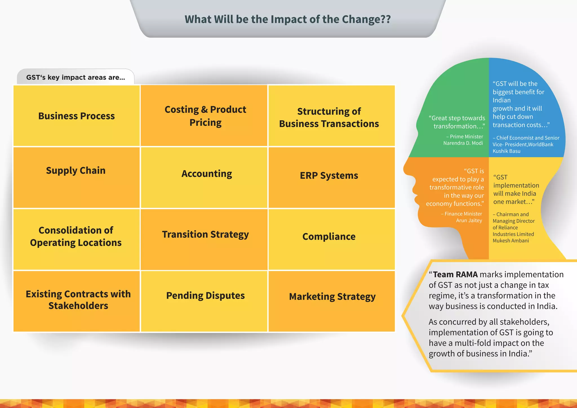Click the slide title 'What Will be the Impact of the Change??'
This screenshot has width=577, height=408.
pos(288,19)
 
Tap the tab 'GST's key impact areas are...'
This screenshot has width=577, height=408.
pos(76,77)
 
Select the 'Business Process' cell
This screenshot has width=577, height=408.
pos(76,116)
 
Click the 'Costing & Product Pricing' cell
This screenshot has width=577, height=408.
pos(205,116)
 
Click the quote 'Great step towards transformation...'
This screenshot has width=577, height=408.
pos(457,122)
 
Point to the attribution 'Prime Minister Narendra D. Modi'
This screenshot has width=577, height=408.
pos(464,140)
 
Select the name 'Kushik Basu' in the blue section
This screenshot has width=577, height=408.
pos(506,151)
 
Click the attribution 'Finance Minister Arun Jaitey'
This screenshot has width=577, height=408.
pos(462,217)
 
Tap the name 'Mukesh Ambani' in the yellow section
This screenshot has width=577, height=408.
pos(511,241)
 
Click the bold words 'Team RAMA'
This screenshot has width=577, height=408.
pos(455,274)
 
